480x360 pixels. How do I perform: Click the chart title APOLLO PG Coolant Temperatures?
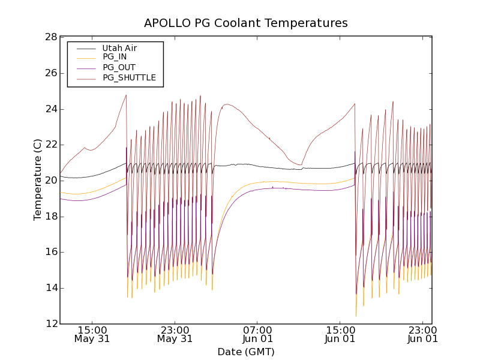coord(246,23)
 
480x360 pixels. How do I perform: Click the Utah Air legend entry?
coord(119,48)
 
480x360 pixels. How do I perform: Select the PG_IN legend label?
coord(115,57)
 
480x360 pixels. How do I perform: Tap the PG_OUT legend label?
coord(119,67)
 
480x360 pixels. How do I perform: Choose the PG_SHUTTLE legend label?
coord(129,77)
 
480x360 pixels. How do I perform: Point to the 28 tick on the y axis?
coord(50,37)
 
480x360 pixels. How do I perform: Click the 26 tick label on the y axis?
coord(50,73)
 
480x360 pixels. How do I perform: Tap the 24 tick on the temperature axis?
coord(50,109)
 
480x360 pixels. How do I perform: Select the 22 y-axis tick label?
coord(50,145)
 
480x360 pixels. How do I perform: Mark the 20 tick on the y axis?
coord(50,181)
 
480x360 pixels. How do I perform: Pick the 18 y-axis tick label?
coord(50,217)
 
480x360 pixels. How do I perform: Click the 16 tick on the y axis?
coord(50,252)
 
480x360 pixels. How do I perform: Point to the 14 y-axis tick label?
coord(50,288)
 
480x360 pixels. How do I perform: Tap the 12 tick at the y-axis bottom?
coord(50,324)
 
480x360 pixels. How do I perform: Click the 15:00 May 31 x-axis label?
coord(92,334)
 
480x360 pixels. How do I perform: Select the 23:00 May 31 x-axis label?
coord(175,334)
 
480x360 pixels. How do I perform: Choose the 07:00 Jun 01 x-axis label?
coord(257,334)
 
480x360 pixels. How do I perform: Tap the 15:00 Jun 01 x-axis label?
coord(340,334)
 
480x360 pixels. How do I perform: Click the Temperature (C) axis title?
coord(38,180)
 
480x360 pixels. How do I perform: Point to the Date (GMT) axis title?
coord(246,352)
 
